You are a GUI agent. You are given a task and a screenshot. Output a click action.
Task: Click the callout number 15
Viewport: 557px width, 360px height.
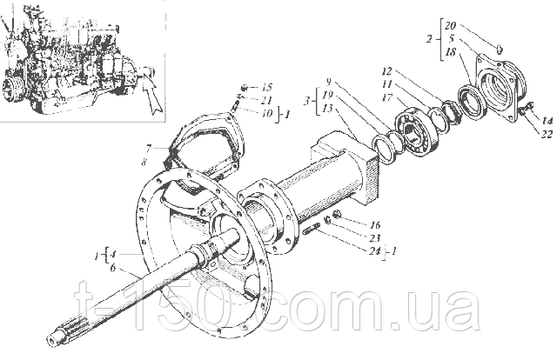[x=267, y=87]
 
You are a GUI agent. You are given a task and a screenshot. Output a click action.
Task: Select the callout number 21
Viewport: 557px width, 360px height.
[x=266, y=100]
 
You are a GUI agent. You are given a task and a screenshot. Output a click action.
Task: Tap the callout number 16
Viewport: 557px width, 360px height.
[x=374, y=224]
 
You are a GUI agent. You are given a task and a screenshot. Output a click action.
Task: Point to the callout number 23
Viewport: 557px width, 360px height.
[x=374, y=237]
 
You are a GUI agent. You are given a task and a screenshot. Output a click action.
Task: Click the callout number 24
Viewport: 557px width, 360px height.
[x=374, y=251]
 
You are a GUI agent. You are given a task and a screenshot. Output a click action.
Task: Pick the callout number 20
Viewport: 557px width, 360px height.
[x=450, y=25]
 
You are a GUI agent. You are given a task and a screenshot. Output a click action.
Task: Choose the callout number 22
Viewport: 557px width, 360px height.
[x=547, y=134]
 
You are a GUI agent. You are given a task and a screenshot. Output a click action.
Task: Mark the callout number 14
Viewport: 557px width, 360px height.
[x=547, y=121]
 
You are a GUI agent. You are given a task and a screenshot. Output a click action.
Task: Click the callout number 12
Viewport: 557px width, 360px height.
[x=386, y=71]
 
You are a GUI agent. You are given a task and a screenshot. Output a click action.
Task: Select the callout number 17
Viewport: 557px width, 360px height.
[x=386, y=97]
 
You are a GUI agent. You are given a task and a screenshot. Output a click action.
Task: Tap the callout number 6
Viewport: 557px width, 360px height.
[x=112, y=268]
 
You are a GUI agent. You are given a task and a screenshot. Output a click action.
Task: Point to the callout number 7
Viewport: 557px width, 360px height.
[x=148, y=148]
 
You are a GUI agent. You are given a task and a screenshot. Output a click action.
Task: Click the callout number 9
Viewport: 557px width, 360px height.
[x=329, y=82]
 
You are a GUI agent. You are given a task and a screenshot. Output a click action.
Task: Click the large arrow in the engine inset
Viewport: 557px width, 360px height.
[x=153, y=93]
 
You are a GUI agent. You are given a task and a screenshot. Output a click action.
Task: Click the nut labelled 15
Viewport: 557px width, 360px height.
[x=245, y=87]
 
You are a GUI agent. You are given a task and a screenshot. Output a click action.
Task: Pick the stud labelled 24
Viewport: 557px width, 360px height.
[x=312, y=229]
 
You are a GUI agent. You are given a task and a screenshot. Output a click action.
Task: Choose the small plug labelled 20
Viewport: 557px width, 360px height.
[x=499, y=49]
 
